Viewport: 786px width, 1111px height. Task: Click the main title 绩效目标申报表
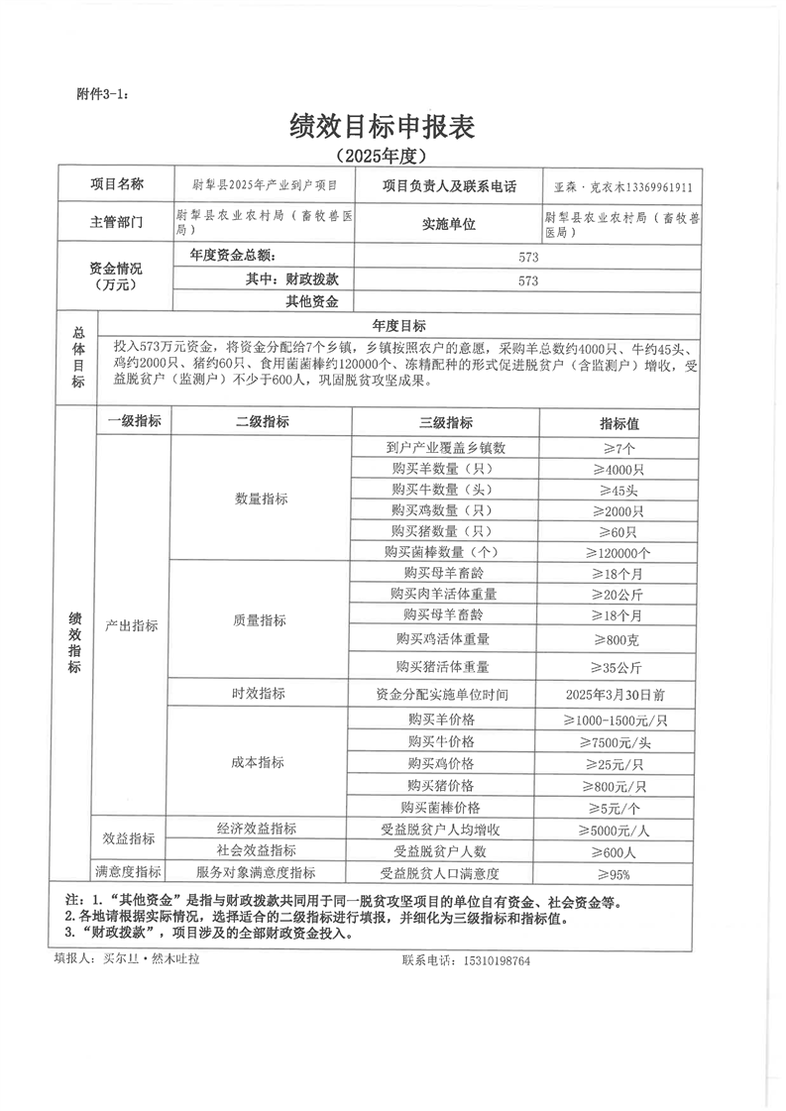pyautogui.click(x=382, y=126)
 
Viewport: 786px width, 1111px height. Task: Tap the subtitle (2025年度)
pyautogui.click(x=382, y=156)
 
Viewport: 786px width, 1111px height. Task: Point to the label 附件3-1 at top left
pyautogui.click(x=102, y=94)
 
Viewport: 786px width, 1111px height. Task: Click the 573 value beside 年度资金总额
pyautogui.click(x=527, y=257)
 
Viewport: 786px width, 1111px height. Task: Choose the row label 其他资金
pyautogui.click(x=312, y=301)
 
